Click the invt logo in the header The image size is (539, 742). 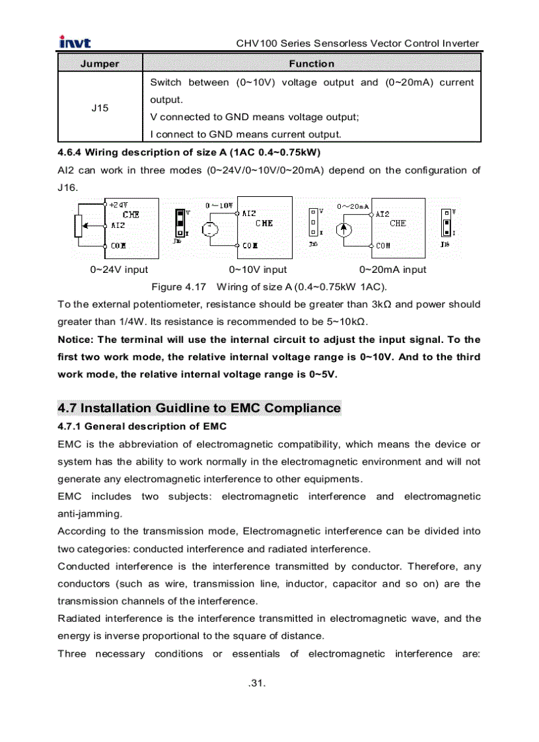click(x=75, y=43)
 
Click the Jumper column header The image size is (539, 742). click(x=100, y=64)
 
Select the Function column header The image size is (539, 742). click(x=311, y=64)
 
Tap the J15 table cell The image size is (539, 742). click(x=100, y=108)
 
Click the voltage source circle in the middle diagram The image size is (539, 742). click(x=209, y=229)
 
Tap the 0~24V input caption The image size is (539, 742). click(x=119, y=270)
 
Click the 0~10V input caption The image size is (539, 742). click(x=258, y=270)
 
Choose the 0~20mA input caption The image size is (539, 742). click(x=392, y=270)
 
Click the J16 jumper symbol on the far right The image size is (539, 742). click(x=447, y=224)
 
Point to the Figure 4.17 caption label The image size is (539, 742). click(x=179, y=287)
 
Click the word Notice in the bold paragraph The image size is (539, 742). click(x=76, y=340)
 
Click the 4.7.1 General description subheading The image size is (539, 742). click(x=142, y=426)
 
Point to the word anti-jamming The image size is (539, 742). click(x=90, y=513)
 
